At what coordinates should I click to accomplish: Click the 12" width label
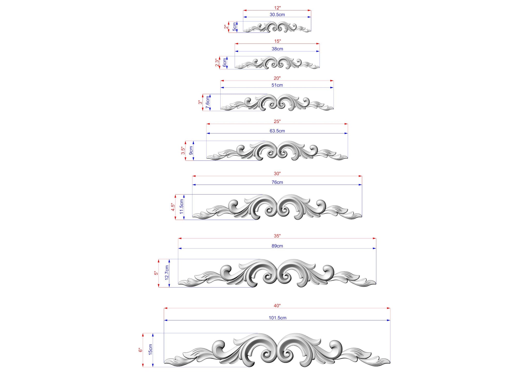tap(277, 8)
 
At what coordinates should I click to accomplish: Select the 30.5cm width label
tap(277, 15)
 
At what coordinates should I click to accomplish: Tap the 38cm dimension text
tap(277, 49)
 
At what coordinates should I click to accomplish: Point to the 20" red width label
tap(277, 78)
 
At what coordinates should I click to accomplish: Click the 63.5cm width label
tap(277, 131)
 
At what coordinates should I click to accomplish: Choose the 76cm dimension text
tap(277, 182)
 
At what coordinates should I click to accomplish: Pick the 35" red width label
tap(277, 236)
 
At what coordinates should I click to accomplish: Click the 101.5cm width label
tap(277, 318)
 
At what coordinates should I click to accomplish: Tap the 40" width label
tap(277, 306)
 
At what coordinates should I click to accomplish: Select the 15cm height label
tap(150, 349)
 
